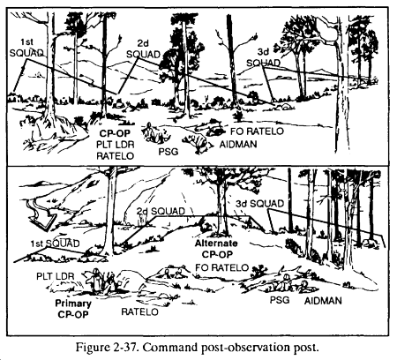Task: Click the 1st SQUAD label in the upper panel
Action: (26, 48)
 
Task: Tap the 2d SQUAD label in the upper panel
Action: (143, 49)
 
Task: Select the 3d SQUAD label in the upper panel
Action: (263, 57)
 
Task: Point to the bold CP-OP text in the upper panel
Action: (115, 133)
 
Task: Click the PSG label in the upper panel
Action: (169, 152)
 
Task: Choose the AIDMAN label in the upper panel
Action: (238, 144)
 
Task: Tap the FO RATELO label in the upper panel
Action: (257, 131)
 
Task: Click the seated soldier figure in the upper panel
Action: (151, 133)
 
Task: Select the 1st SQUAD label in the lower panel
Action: (55, 244)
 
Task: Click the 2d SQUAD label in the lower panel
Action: (161, 211)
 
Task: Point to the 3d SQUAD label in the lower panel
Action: (259, 204)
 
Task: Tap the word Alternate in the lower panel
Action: (216, 244)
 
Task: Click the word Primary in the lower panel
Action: (73, 304)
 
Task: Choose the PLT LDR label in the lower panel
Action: (56, 276)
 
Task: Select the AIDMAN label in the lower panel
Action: (323, 301)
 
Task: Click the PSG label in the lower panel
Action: (280, 300)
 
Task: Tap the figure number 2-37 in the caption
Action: (122, 348)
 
